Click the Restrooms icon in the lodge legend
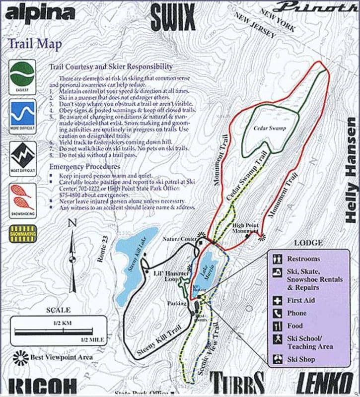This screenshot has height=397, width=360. (x=278, y=259)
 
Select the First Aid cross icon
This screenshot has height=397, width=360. (x=278, y=300)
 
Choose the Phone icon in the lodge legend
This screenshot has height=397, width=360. (x=278, y=313)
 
